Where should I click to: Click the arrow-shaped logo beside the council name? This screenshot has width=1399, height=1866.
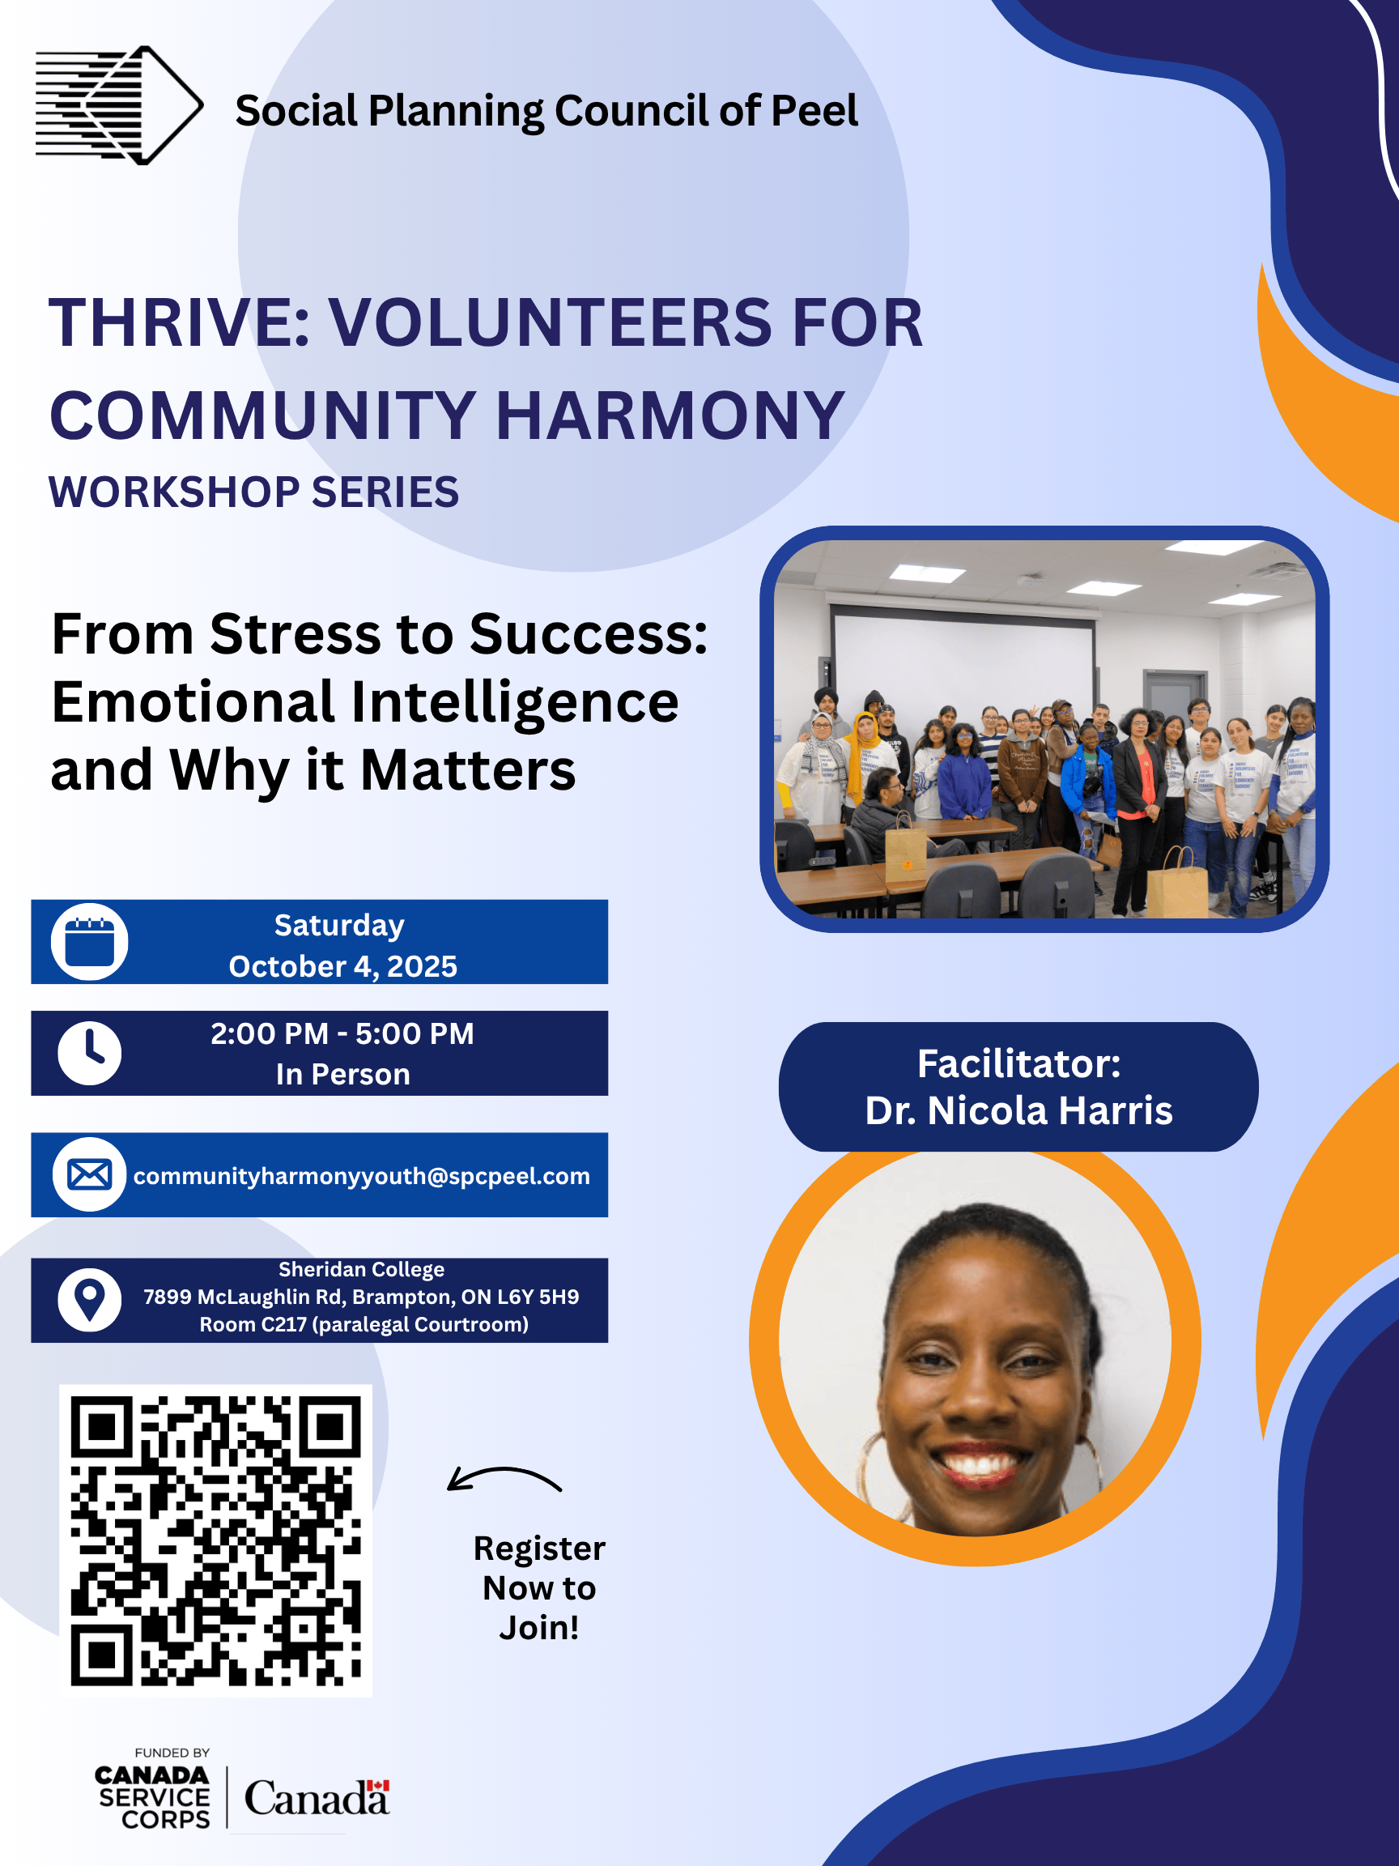[119, 105]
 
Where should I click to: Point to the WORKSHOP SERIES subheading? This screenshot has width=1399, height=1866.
[254, 492]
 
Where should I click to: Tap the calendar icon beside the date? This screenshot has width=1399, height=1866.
[89, 941]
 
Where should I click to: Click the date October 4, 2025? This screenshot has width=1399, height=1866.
[343, 966]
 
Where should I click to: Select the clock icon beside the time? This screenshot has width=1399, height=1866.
[89, 1053]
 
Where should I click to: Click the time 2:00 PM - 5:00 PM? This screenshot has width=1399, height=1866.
[342, 1033]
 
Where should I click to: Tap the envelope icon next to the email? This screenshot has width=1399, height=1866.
[89, 1174]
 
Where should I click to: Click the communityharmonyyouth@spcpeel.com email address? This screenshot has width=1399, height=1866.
[362, 1176]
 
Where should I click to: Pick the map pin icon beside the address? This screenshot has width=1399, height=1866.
[89, 1300]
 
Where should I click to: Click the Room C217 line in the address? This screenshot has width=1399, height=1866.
[364, 1324]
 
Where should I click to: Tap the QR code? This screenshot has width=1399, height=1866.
[216, 1541]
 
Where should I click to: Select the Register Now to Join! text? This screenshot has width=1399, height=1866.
[540, 1587]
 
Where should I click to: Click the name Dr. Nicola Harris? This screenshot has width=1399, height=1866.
[1018, 1111]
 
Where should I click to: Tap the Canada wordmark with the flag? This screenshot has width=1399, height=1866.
[317, 1799]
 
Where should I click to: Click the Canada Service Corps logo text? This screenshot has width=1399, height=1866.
[153, 1798]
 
